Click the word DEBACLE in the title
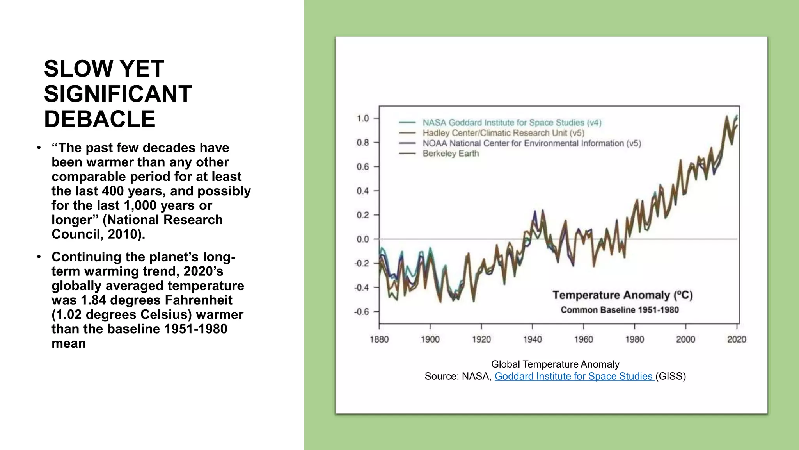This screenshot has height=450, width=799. click(99, 119)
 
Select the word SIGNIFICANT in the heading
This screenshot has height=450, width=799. click(118, 94)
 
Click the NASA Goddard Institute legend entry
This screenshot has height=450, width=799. click(511, 123)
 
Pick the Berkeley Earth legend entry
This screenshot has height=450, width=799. click(450, 154)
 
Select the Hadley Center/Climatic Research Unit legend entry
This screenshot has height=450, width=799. click(503, 133)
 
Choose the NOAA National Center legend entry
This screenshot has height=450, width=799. click(531, 143)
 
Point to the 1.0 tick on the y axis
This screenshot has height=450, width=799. click(363, 118)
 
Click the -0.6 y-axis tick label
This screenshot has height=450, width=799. click(361, 312)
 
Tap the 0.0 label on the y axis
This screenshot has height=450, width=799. click(362, 239)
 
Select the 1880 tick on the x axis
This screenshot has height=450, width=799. click(379, 339)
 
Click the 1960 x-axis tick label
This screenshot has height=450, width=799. click(583, 339)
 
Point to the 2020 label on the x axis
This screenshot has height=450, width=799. click(736, 339)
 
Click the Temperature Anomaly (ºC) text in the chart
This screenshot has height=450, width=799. click(622, 295)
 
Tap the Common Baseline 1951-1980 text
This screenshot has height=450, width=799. click(620, 310)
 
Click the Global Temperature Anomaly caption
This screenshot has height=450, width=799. click(555, 364)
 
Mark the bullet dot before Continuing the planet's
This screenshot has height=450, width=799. click(39, 257)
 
